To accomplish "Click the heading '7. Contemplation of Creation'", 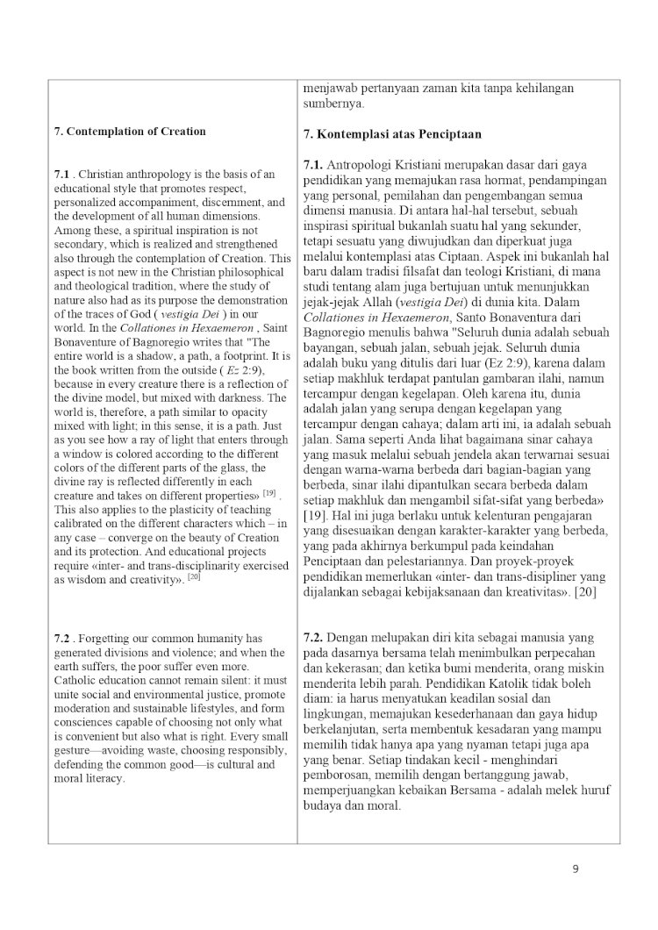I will tap(130, 132).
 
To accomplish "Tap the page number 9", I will tap(575, 869).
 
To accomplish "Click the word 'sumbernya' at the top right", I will tap(333, 104).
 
